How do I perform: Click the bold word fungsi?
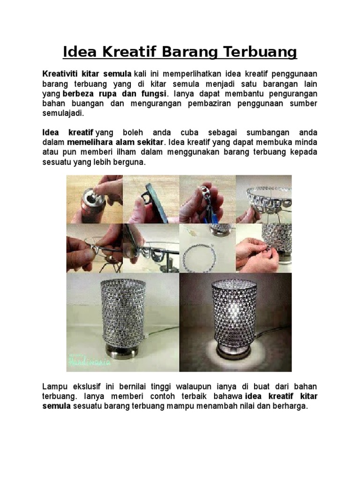[154, 93]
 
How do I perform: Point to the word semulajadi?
[63, 113]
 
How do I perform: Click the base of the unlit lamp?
[120, 352]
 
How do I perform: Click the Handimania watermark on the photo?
[89, 362]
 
